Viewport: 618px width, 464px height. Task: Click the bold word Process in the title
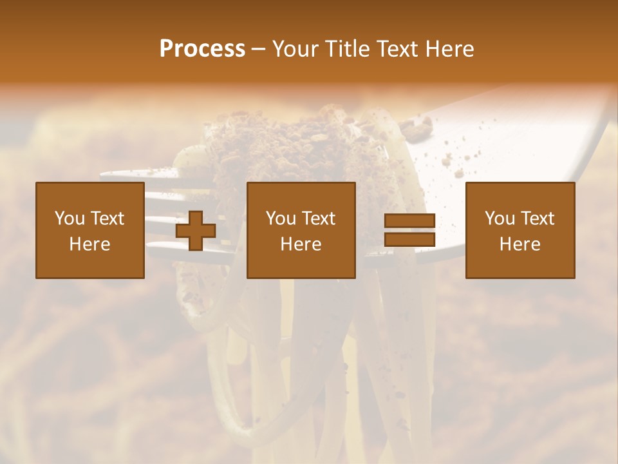tap(202, 49)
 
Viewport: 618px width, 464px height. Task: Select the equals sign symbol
tap(409, 230)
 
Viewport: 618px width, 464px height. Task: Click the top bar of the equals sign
tap(409, 221)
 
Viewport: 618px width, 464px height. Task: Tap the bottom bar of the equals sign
tap(409, 239)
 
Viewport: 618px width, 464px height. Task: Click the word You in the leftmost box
tap(70, 218)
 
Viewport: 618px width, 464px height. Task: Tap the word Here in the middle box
tap(301, 244)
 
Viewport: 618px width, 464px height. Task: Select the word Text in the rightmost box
tap(536, 218)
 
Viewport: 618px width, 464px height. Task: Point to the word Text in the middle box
tap(318, 218)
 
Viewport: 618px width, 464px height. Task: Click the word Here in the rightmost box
tap(520, 244)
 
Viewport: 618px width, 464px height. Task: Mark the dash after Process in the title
tap(259, 49)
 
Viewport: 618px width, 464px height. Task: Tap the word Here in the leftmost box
tap(90, 244)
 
